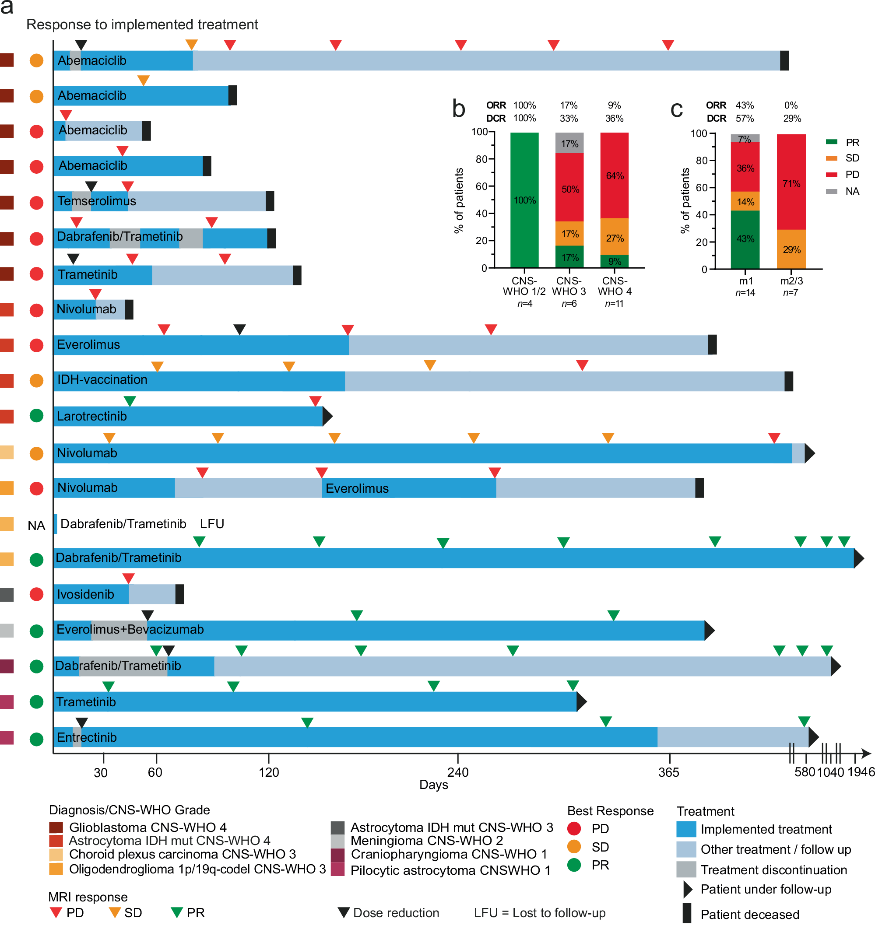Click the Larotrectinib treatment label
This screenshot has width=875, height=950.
coord(92,417)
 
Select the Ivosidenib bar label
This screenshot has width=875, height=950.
coord(85,595)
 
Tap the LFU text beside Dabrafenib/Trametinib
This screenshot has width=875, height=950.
coord(212,524)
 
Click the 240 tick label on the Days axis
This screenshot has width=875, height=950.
coord(458,772)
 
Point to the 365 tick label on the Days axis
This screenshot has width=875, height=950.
coord(668,772)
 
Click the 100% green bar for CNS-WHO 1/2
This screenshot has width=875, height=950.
coord(525,200)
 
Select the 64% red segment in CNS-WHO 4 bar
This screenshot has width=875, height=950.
coord(615,175)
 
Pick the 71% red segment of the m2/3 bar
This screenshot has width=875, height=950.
coord(791,184)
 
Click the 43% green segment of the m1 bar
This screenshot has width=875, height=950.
coord(745,239)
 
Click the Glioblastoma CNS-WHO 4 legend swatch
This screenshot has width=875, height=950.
coord(56,827)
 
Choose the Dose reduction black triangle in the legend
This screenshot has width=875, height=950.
coord(344,913)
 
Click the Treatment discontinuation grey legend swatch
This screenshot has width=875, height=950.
coord(686,869)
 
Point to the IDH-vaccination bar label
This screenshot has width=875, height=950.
coord(102,380)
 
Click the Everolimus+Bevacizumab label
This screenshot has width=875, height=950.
coord(130,630)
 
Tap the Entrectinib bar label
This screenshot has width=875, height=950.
coord(87,737)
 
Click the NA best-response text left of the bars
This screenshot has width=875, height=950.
coord(36,526)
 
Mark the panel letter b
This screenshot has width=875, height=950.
coord(458,109)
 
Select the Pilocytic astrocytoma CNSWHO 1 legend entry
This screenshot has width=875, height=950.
coord(450,870)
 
